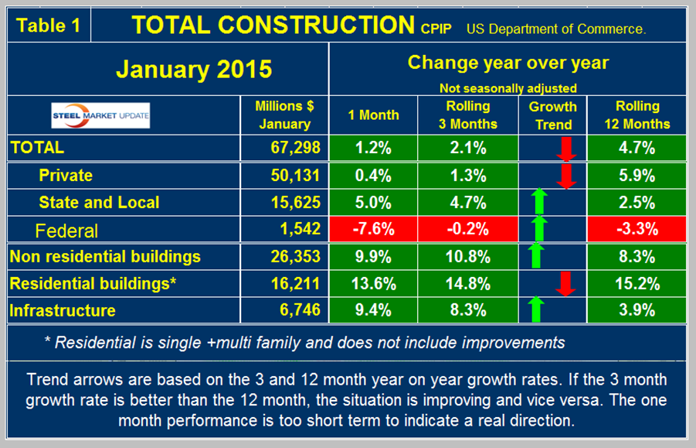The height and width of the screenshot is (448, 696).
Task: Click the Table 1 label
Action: click(48, 25)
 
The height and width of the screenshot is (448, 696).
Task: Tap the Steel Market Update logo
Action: click(100, 116)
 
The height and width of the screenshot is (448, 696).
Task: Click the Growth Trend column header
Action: click(553, 115)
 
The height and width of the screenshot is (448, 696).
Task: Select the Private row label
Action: click(66, 176)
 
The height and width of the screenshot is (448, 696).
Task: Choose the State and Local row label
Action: click(99, 203)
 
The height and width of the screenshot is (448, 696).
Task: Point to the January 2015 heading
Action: click(194, 69)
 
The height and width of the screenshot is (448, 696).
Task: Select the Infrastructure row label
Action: click(63, 310)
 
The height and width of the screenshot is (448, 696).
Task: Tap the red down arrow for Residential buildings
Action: click(567, 283)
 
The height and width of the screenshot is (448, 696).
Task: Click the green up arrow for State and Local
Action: click(538, 203)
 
